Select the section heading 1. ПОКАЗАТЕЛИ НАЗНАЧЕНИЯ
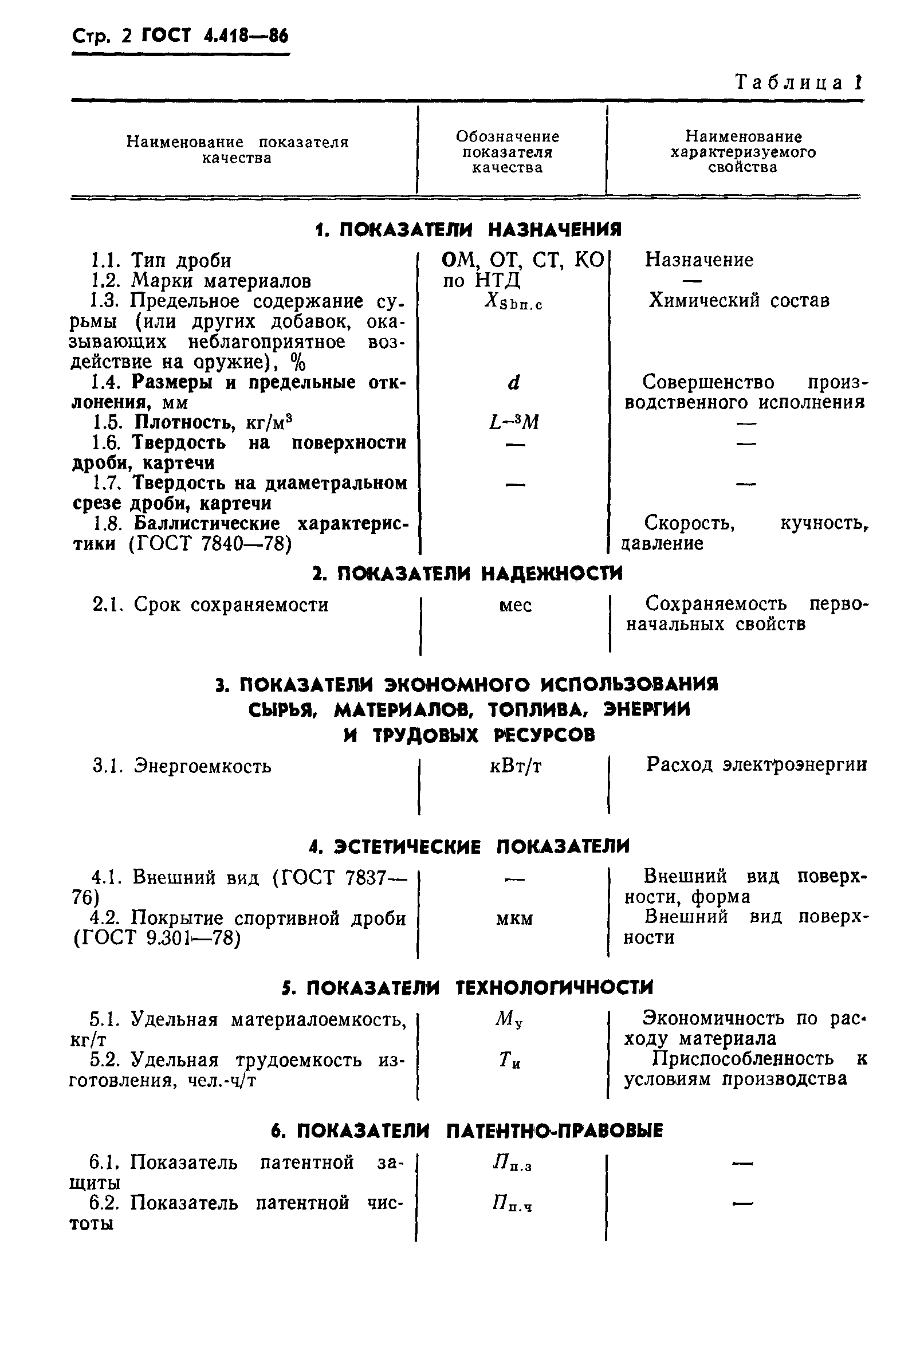468,230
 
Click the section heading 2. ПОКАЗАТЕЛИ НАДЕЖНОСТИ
468,574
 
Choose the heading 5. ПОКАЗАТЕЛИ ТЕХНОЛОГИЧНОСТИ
468,988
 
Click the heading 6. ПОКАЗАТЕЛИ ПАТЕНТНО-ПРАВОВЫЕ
467,1131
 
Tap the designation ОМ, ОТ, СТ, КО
522,260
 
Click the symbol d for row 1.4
513,383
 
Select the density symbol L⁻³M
513,422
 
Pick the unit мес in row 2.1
515,605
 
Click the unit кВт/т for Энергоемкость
515,766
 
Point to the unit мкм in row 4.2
514,919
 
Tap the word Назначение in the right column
699,260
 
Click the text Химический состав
739,300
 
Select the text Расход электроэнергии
757,765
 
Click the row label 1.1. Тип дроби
161,261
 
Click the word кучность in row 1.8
823,523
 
